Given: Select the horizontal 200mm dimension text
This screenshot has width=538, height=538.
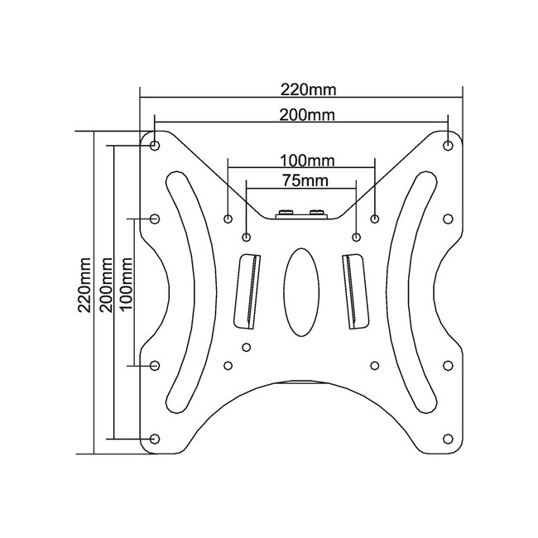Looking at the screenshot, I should pos(302,115).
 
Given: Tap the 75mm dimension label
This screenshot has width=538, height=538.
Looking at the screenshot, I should pos(302,180).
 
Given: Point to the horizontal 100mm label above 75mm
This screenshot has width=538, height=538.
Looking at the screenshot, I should pos(302,158).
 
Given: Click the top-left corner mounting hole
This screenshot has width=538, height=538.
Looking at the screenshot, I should pos(156,145).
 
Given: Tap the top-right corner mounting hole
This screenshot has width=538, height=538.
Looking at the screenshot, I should pos(448,145).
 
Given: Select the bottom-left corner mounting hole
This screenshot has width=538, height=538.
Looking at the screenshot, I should pos(156,437).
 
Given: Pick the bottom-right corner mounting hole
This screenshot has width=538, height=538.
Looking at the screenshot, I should pos(448,437).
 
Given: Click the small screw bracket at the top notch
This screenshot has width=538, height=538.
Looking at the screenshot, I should pos(302,214).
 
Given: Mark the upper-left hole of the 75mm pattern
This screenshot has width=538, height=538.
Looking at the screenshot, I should pos(247,238).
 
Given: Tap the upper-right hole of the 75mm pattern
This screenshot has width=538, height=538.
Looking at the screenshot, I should pos(356,238).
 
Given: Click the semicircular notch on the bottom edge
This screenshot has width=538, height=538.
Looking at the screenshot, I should pos(302,389).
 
